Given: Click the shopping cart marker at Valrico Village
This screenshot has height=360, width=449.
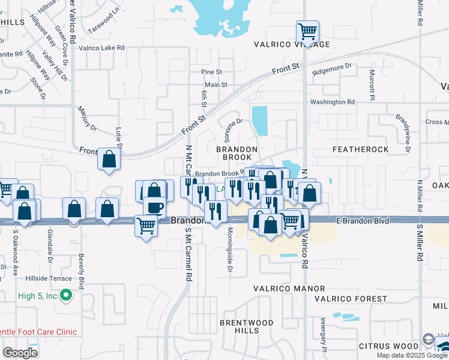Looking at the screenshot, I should [307, 31].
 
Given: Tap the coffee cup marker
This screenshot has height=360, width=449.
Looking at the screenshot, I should [154, 206].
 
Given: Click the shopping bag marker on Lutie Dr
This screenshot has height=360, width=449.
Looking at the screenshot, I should [109, 159].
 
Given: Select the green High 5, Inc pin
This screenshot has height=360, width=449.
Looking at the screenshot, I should [67, 296].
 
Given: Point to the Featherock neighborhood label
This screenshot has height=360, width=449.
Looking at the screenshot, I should [360, 149].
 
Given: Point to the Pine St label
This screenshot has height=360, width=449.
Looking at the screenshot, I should [212, 72].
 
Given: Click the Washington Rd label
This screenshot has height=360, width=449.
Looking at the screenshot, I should [337, 102].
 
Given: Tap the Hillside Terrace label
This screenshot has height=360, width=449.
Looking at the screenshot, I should [49, 278].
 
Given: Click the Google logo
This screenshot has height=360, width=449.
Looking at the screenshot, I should [20, 352].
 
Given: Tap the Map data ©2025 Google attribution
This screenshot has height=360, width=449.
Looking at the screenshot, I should [412, 355].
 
